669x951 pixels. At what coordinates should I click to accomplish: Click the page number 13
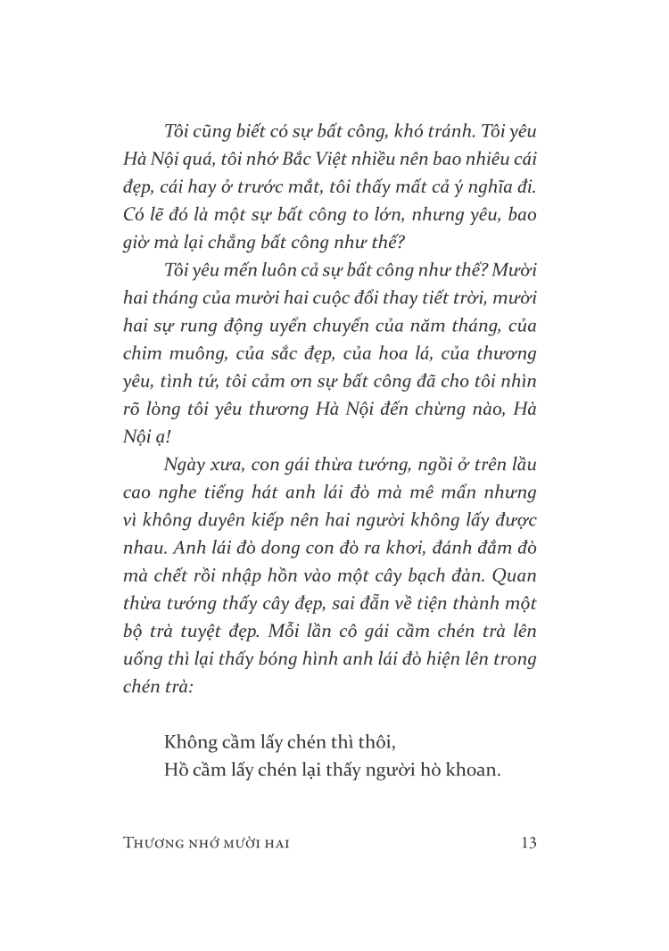pos(527,842)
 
